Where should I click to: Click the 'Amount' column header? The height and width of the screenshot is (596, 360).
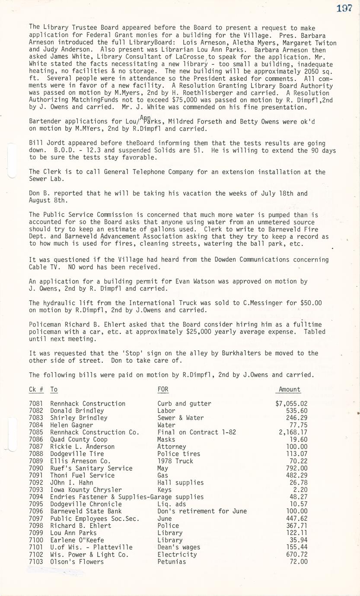tap(290, 390)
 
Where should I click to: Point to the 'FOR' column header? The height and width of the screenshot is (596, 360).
tap(163, 390)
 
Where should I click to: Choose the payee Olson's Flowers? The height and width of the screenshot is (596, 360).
tap(77, 562)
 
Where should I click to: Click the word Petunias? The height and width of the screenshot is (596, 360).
tap(172, 562)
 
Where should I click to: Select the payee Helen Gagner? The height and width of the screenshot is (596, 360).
tap(71, 425)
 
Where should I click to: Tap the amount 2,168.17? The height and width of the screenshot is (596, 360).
tap(293, 432)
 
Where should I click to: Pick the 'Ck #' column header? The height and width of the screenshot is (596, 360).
tap(36, 390)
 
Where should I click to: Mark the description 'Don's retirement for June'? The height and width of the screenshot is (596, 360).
tap(202, 511)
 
